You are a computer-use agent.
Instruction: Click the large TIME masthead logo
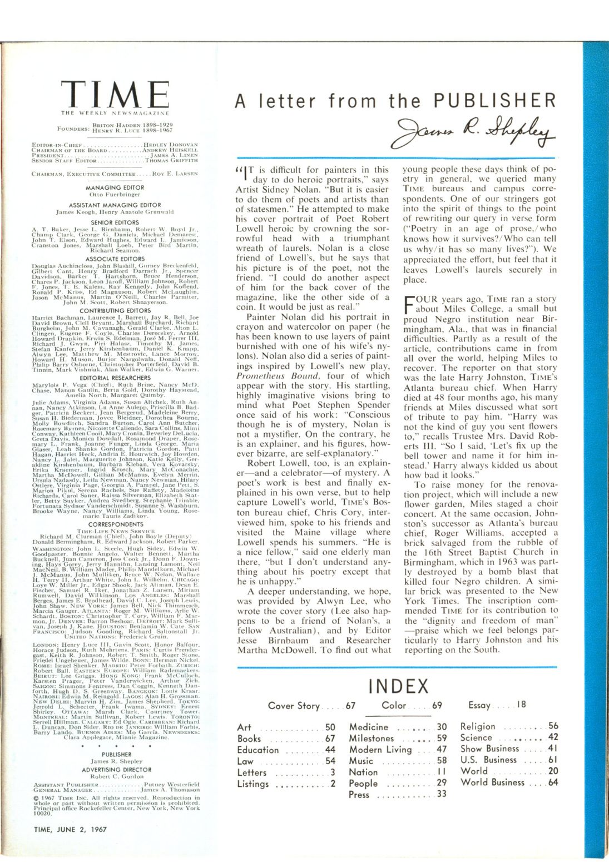pyautogui.click(x=115, y=94)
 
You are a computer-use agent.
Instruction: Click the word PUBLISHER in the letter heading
pyautogui.click(x=495, y=101)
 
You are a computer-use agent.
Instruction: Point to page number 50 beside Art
pyautogui.click(x=330, y=727)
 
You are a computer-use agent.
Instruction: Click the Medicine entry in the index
pyautogui.click(x=368, y=727)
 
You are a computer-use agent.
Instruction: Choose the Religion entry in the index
pyautogui.click(x=478, y=726)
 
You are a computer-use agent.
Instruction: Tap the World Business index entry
pyautogui.click(x=492, y=782)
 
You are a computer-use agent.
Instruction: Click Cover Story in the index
pyautogui.click(x=294, y=706)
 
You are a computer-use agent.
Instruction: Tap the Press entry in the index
pyautogui.click(x=359, y=794)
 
